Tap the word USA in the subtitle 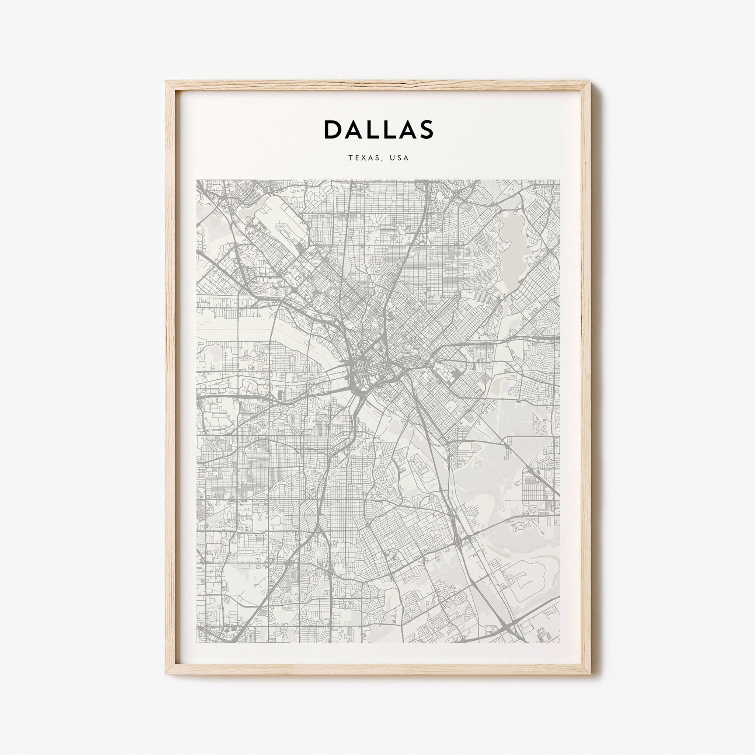(399, 158)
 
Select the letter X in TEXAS (363, 158)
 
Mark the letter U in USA (392, 158)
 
